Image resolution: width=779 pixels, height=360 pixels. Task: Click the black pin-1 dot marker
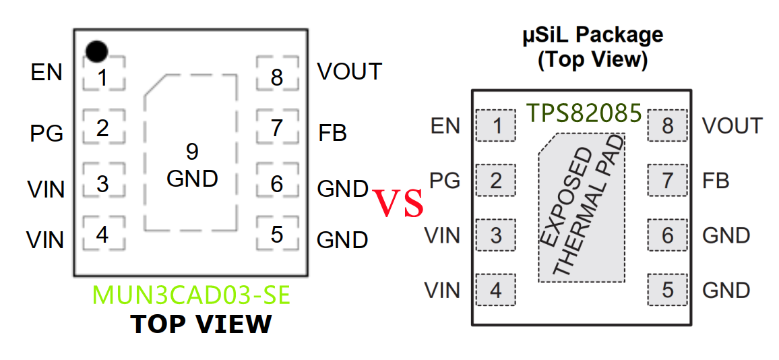pos(96,51)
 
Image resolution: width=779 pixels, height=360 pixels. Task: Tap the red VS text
pos(399,204)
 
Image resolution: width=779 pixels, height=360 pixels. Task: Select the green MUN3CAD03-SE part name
pos(191,296)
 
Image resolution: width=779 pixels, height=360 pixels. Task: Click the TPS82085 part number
pos(584,113)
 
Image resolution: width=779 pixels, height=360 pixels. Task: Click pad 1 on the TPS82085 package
pos(496,126)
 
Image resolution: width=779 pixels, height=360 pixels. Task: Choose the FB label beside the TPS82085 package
pos(716,181)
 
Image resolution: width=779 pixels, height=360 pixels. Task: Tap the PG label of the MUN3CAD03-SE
pos(46,133)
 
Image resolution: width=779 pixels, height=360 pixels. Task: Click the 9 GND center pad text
pos(192,165)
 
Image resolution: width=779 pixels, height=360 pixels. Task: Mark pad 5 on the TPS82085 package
pos(667,290)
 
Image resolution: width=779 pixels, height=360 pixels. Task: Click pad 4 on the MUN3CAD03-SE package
pos(102,234)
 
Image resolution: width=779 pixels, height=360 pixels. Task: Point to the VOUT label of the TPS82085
pos(732,126)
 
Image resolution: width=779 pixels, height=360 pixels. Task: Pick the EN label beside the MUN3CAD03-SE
pos(46,72)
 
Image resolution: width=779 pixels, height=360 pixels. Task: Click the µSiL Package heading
pos(593,35)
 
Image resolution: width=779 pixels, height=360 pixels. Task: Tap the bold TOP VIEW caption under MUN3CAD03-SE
pos(201,324)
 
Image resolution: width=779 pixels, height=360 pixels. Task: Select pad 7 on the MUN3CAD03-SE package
pos(276,127)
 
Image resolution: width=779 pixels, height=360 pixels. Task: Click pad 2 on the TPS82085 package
pos(496,181)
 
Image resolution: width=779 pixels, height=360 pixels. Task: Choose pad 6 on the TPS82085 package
pos(667,235)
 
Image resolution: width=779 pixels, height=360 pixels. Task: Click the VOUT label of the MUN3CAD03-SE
pos(349,71)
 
